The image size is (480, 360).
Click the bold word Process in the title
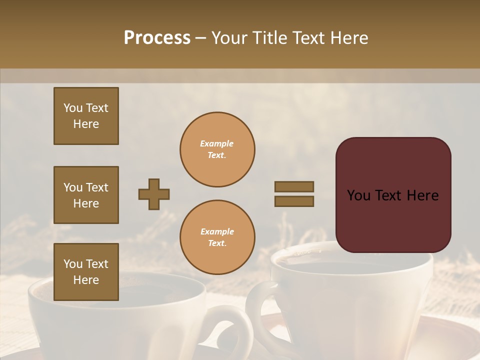pyautogui.click(x=157, y=38)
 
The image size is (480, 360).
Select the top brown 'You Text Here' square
pyautogui.click(x=86, y=116)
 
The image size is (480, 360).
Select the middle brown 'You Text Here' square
pyautogui.click(x=86, y=195)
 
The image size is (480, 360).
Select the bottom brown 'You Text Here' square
pyautogui.click(x=86, y=272)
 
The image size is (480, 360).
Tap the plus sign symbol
pyautogui.click(x=154, y=194)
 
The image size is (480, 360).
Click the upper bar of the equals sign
pyautogui.click(x=294, y=186)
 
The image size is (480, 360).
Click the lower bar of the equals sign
pyautogui.click(x=294, y=201)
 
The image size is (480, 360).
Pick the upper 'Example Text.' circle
pyautogui.click(x=217, y=149)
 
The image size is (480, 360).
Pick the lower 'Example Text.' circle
pyautogui.click(x=217, y=237)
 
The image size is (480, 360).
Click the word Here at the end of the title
pyautogui.click(x=348, y=38)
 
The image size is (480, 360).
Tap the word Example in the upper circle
pyautogui.click(x=216, y=143)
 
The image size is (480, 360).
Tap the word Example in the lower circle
pyautogui.click(x=217, y=231)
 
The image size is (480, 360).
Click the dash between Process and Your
pyautogui.click(x=201, y=38)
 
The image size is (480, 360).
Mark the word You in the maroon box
pyautogui.click(x=359, y=195)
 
